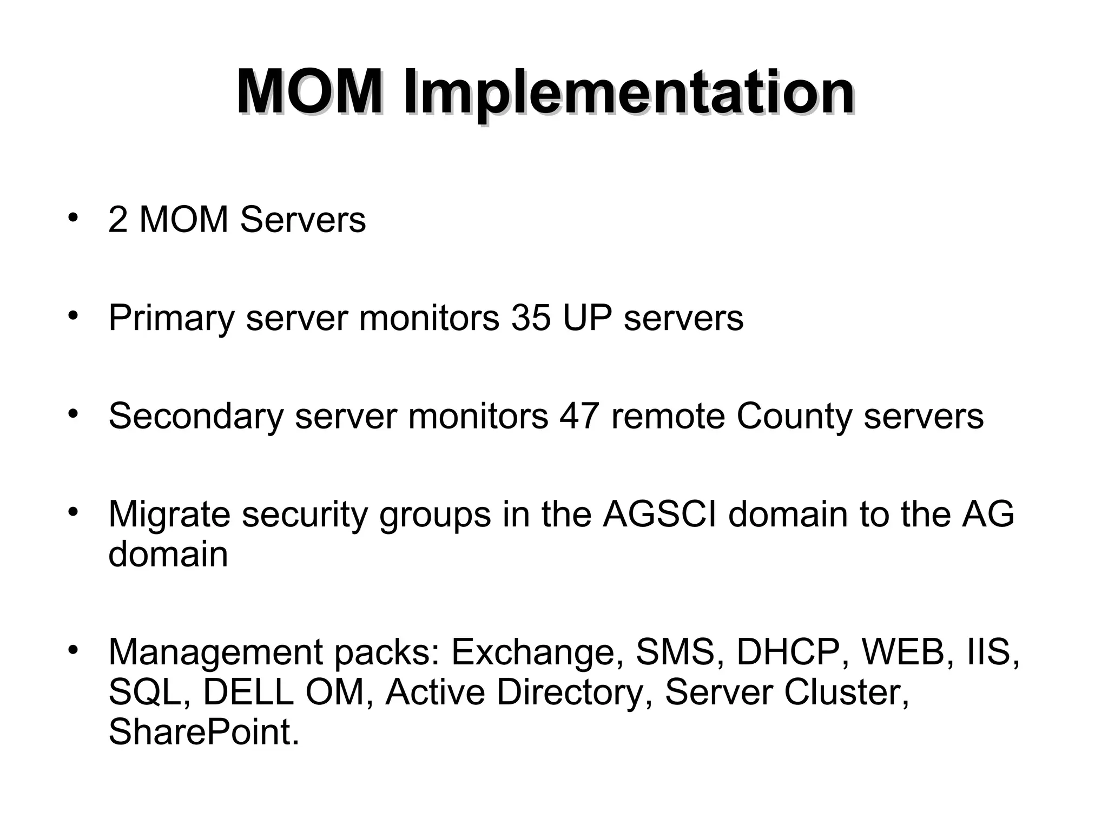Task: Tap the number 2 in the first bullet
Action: coord(118,220)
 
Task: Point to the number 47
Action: coord(579,416)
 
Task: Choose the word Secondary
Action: coord(196,417)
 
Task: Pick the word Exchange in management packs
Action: coord(533,652)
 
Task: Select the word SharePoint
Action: coord(203,732)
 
